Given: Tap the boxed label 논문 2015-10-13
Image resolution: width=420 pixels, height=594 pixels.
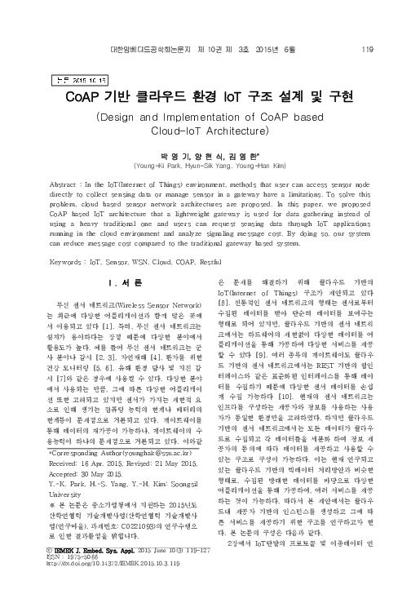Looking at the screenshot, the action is coord(79,80).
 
